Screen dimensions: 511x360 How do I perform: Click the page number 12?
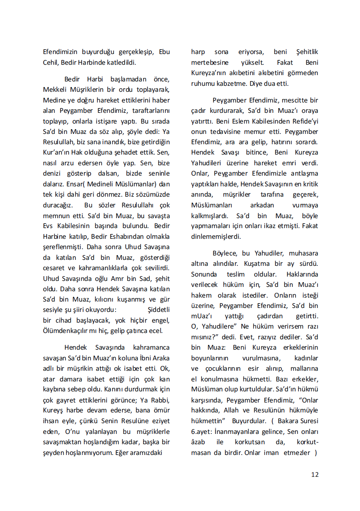pos(315,474)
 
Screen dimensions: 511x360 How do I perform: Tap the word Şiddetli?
pos(159,310)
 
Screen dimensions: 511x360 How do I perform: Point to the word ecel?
pos(156,331)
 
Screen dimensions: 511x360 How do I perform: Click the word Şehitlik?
pos(307,52)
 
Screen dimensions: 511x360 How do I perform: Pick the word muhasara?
pos(303,253)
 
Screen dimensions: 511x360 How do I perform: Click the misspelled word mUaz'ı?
pos(202,316)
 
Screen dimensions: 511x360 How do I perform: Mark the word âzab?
pos(198,442)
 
